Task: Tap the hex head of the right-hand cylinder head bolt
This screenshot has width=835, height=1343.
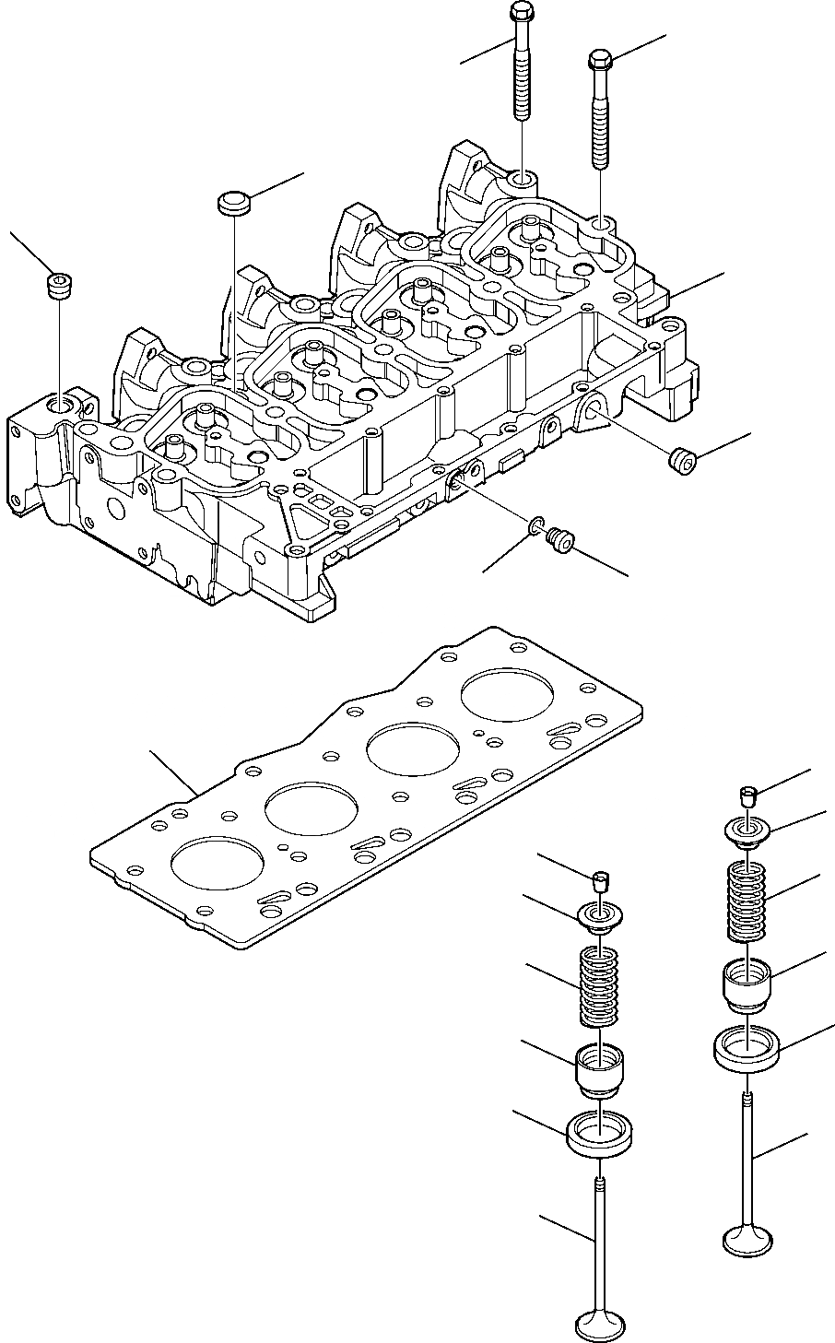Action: pos(598,61)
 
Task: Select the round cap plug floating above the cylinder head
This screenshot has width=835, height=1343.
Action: pos(234,203)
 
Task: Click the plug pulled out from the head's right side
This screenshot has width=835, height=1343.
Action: pos(681,458)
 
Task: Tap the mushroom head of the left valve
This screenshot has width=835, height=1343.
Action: pos(598,1325)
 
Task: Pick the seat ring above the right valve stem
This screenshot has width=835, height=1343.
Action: pos(747,1047)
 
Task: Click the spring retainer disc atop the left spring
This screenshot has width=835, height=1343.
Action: pos(598,918)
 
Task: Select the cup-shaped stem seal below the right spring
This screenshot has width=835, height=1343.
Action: pos(747,983)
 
